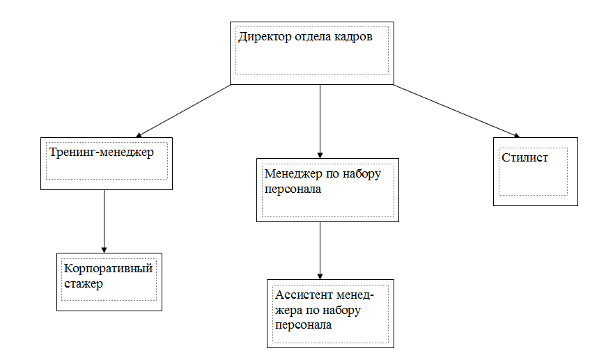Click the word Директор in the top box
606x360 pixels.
(x=265, y=37)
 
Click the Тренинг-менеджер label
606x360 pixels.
(x=102, y=152)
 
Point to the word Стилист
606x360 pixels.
(x=525, y=157)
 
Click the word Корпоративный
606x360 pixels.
(x=108, y=268)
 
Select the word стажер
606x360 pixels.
(x=84, y=284)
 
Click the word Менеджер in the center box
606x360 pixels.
(x=293, y=174)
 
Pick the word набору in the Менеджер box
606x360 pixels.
(x=362, y=174)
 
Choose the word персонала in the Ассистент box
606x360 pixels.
(x=304, y=325)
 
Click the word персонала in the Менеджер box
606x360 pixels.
(x=293, y=189)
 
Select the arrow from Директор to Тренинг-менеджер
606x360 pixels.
(x=183, y=111)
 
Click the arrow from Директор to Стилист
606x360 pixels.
(x=457, y=111)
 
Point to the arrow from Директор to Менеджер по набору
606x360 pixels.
(x=320, y=121)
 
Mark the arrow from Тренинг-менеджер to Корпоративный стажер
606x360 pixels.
(x=104, y=221)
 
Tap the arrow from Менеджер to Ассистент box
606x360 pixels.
(x=320, y=251)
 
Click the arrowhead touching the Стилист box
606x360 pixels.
(x=517, y=136)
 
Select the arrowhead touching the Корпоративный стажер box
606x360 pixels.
(x=104, y=250)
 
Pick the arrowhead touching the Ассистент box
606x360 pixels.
(x=320, y=276)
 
